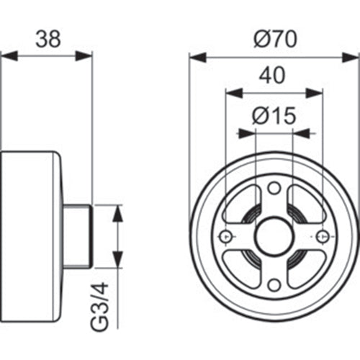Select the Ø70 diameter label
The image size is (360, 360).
[x=274, y=39]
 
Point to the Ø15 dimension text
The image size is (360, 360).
[x=274, y=115]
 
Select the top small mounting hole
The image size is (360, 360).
[x=273, y=188]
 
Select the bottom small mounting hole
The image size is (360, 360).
[x=273, y=285]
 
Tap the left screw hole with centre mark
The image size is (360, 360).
[x=225, y=237]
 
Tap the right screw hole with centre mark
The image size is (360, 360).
[x=321, y=237]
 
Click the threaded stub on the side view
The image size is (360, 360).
[x=79, y=236]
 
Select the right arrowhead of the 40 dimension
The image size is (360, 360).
[x=316, y=92]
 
